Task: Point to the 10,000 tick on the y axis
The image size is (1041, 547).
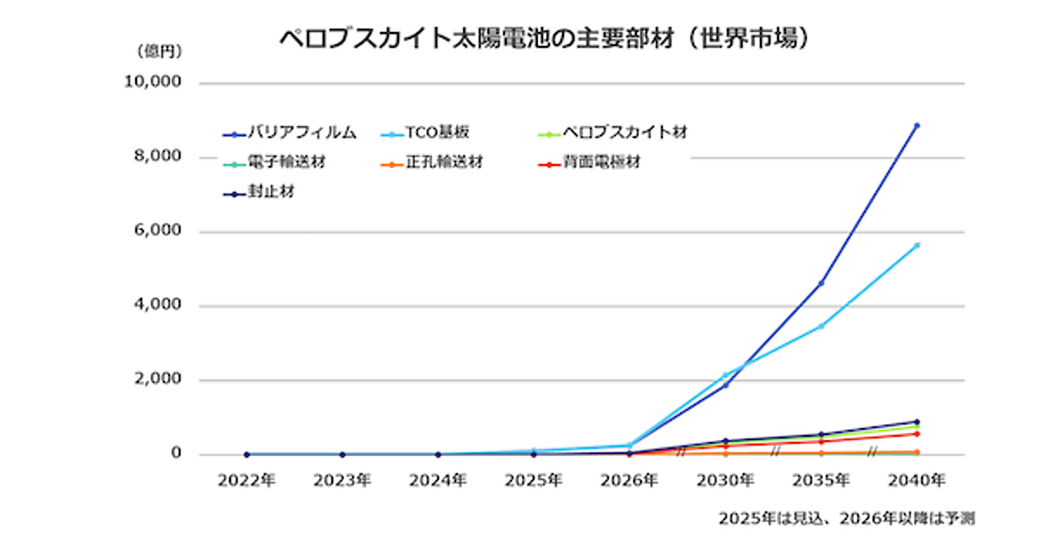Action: coord(154,83)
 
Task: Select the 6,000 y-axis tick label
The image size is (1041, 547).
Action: coord(159,232)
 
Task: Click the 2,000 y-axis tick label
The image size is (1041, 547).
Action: coord(159,380)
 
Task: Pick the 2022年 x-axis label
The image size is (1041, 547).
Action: coord(247,479)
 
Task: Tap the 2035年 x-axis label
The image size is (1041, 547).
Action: coord(821,479)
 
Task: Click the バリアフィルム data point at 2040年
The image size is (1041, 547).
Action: coord(916,126)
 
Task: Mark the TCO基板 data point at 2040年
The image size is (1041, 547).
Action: coord(916,246)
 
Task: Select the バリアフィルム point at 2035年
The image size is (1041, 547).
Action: coord(821,283)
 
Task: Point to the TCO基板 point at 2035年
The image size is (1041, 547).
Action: coord(821,326)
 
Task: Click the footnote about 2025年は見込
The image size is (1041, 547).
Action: coord(846,519)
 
